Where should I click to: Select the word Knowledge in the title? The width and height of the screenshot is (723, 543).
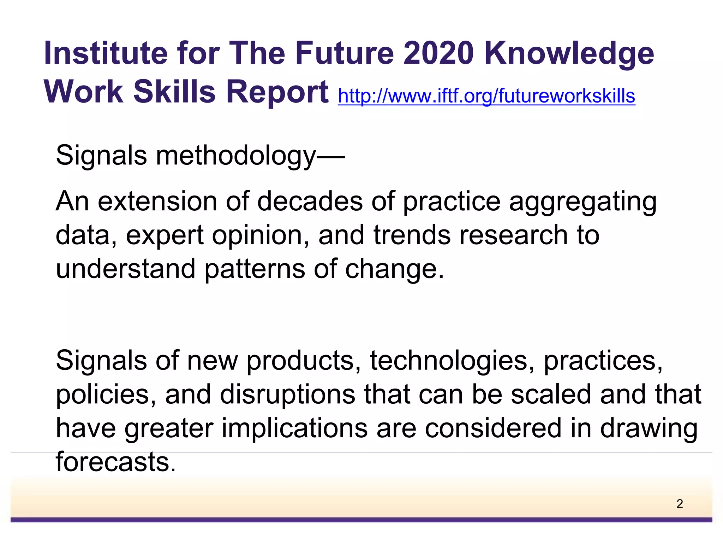[569, 54]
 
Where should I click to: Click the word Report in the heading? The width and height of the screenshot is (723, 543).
[277, 92]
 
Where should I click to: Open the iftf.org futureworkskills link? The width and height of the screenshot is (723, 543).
[486, 96]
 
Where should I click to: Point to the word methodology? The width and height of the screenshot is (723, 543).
[236, 156]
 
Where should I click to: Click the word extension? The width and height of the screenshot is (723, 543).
[157, 201]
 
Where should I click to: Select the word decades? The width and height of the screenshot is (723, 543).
[310, 201]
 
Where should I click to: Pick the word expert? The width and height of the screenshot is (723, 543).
[165, 236]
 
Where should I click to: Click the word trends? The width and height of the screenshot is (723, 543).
[412, 235]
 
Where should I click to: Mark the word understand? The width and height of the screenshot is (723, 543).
[125, 269]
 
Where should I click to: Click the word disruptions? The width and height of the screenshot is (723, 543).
[287, 395]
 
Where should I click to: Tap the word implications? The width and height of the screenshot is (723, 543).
[294, 429]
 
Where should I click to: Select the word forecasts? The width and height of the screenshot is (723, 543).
[115, 462]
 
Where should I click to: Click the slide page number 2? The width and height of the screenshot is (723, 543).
[680, 504]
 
